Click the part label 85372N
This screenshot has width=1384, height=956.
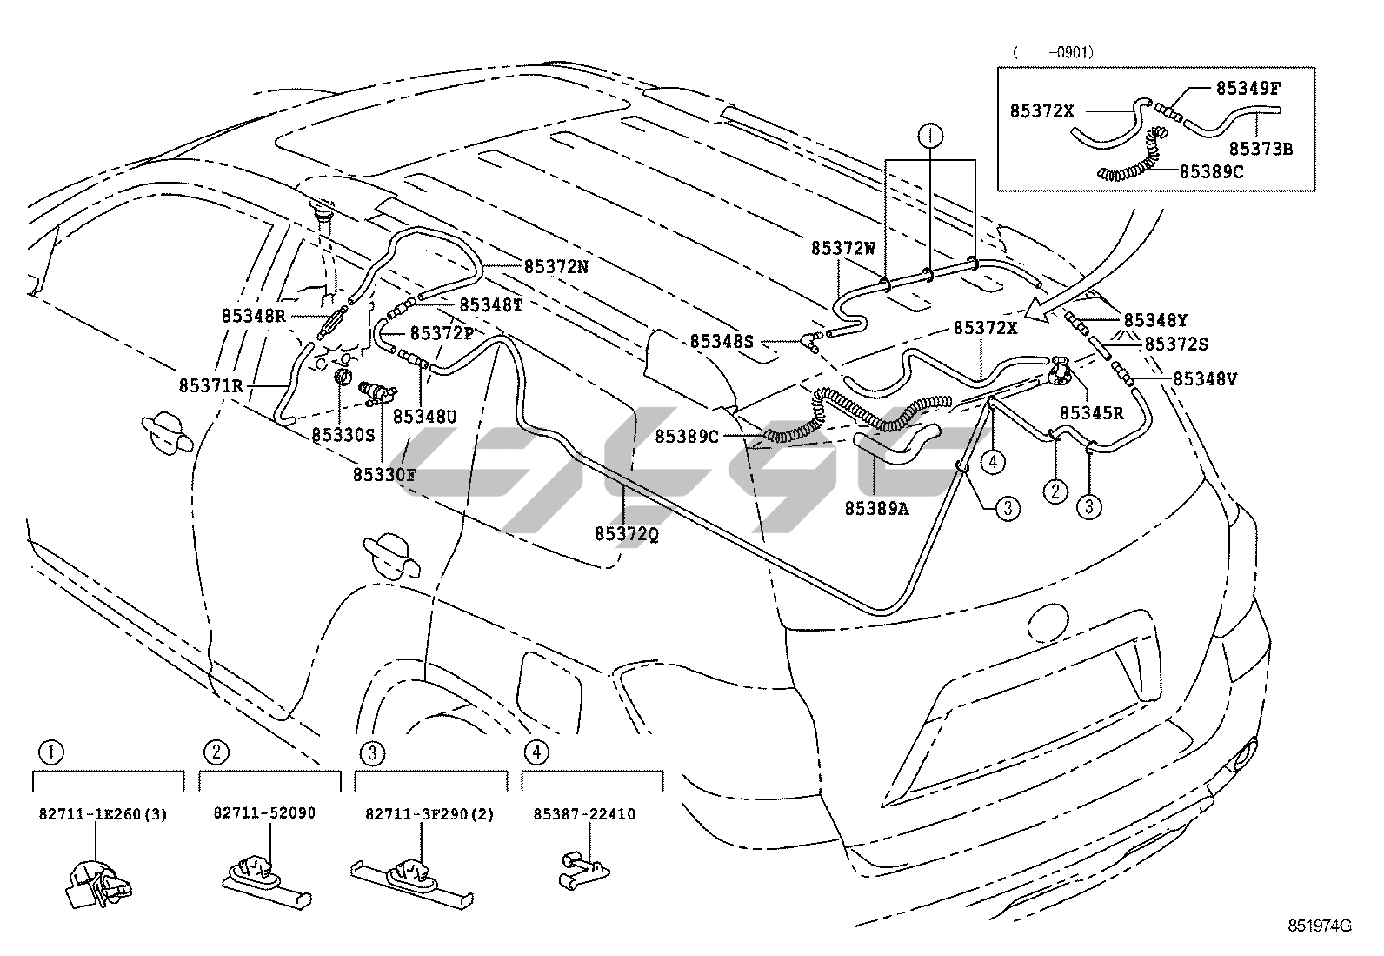[556, 267]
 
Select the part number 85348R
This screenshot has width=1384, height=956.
[253, 317]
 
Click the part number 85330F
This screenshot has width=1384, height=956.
[384, 475]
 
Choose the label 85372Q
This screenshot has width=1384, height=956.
[626, 533]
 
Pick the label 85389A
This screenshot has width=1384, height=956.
[875, 508]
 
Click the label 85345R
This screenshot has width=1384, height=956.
[1091, 413]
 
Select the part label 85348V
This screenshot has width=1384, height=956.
[1205, 378]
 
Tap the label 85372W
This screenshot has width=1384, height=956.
[843, 248]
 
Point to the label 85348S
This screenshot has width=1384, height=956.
[722, 342]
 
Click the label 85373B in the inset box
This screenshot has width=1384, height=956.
[1260, 149]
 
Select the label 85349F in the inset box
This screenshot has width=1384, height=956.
[1248, 87]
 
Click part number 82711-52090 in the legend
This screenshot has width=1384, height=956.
[264, 813]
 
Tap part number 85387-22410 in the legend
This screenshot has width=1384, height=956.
[584, 814]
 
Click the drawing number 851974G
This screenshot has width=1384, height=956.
[1320, 926]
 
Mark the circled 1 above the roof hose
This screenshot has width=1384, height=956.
[930, 135]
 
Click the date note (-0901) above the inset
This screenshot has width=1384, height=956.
[1053, 52]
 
